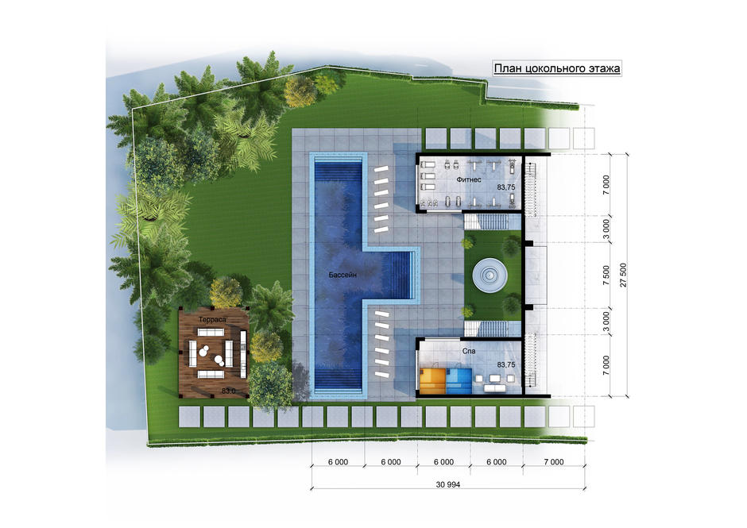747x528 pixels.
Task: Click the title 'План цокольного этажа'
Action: click(557, 68)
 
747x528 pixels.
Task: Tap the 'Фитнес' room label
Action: click(469, 179)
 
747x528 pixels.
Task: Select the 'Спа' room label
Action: click(469, 351)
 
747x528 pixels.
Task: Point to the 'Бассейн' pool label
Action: click(343, 275)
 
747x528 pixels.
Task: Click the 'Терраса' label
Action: click(212, 319)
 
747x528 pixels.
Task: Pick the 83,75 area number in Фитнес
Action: click(506, 187)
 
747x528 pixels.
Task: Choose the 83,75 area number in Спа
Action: click(506, 364)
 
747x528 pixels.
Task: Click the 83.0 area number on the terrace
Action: click(229, 391)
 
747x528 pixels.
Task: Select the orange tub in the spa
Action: click(433, 380)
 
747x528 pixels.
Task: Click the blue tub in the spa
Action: click(459, 380)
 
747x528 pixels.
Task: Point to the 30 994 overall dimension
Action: click(448, 484)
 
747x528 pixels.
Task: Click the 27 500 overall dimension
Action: click(623, 275)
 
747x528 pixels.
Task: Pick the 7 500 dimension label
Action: click(606, 275)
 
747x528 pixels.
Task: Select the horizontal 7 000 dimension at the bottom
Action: click(553, 462)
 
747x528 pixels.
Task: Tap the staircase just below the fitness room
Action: click(493, 222)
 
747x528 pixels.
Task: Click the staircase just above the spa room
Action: click(493, 329)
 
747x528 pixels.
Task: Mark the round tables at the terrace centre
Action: click(210, 354)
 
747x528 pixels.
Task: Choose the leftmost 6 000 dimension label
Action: click(338, 462)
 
